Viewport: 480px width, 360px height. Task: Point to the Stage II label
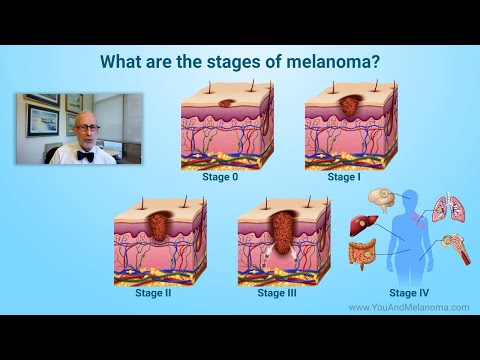point(154,294)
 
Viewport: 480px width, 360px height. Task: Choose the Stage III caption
point(277,294)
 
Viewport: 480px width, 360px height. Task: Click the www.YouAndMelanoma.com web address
point(408,308)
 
